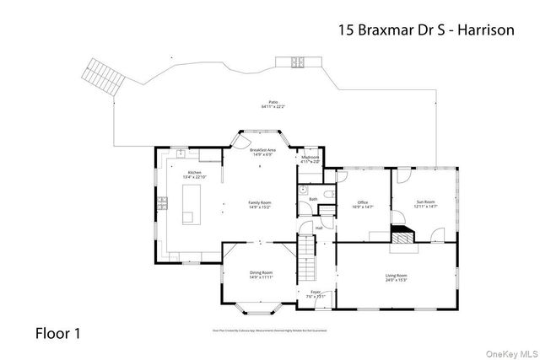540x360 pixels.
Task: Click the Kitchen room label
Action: click(193, 172)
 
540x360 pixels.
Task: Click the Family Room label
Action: click(259, 202)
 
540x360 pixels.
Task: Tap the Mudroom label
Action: click(310, 158)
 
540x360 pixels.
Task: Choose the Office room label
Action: click(363, 202)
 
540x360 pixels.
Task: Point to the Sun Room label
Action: click(425, 202)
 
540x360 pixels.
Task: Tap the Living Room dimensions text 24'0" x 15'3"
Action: click(397, 281)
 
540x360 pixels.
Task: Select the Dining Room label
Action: click(261, 272)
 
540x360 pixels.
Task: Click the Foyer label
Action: click(316, 293)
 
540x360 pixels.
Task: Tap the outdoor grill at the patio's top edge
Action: click(298, 61)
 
